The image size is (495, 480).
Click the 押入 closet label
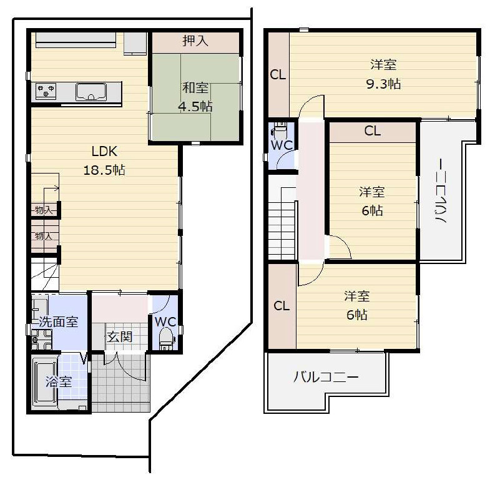tap(195, 41)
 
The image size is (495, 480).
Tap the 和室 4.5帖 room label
tap(195, 97)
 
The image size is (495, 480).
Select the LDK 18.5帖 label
tap(104, 160)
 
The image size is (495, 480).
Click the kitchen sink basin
tap(91, 92)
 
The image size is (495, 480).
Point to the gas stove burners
tap(46, 91)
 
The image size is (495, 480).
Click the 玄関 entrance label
tap(120, 337)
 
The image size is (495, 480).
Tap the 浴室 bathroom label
tap(59, 381)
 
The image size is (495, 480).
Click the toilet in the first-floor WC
tap(166, 339)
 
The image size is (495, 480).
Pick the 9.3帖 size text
tap(383, 84)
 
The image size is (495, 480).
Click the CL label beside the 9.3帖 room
tap(278, 75)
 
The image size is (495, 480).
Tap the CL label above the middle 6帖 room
tap(373, 130)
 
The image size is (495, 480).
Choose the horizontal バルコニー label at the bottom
tap(326, 377)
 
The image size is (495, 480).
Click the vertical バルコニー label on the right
tap(441, 191)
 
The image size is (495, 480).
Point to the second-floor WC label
tap(282, 145)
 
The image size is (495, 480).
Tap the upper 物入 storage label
tap(44, 210)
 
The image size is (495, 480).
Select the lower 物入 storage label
tap(44, 236)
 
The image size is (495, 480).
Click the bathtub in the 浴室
tap(44, 383)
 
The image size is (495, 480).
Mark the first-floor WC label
tap(165, 321)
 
